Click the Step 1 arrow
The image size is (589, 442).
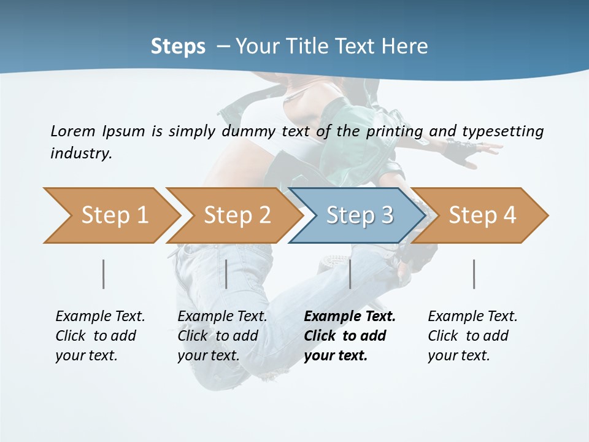click(x=114, y=215)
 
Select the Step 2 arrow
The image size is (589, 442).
click(x=236, y=215)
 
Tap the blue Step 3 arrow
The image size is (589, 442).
click(x=359, y=215)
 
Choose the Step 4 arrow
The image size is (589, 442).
click(x=482, y=215)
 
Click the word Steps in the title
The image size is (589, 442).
click(x=178, y=47)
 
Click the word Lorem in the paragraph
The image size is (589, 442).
click(x=72, y=131)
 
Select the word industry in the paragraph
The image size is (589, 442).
click(x=81, y=153)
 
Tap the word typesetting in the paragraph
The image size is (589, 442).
click(x=502, y=131)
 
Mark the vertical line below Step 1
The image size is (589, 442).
click(x=104, y=274)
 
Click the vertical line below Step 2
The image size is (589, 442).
click(x=226, y=274)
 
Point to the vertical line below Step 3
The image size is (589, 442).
click(x=350, y=274)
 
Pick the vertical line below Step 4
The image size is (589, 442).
click(x=474, y=274)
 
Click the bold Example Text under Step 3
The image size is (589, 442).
click(x=350, y=317)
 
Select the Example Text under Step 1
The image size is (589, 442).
click(x=100, y=317)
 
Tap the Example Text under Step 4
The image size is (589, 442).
click(x=472, y=317)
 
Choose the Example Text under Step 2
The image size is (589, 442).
click(x=222, y=317)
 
